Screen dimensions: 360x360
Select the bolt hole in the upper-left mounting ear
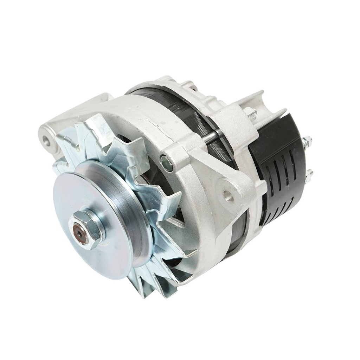(x=46, y=140)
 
